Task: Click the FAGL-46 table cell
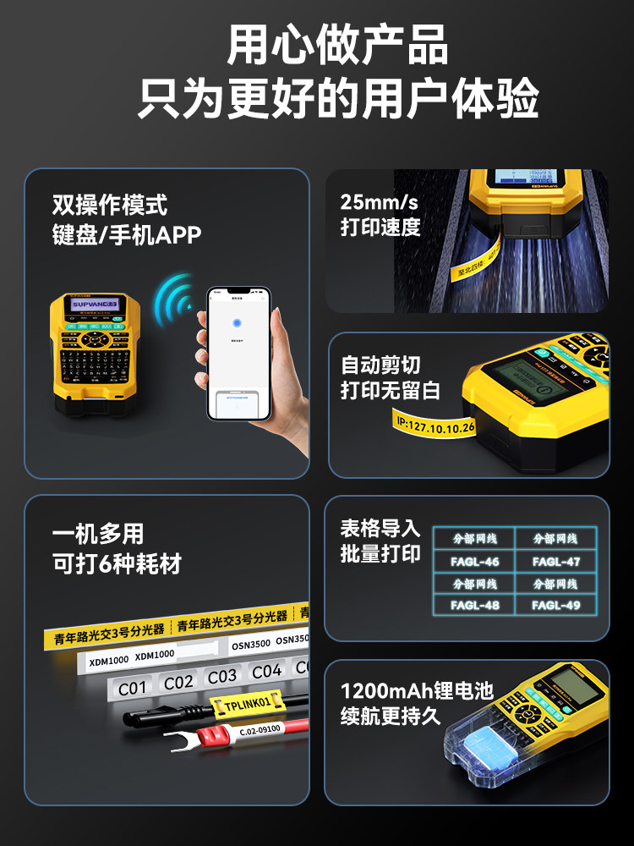coord(474,561)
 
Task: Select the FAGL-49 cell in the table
coord(555,605)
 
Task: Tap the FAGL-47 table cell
coord(555,561)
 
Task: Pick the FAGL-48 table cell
coord(474,605)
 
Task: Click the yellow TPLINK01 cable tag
coord(248,703)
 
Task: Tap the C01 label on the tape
coord(133,688)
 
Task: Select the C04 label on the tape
coord(266,672)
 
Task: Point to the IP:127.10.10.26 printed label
coord(435,424)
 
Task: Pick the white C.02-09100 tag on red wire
coord(260,729)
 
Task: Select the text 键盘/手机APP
coord(127,235)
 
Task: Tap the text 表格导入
coord(380,528)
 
